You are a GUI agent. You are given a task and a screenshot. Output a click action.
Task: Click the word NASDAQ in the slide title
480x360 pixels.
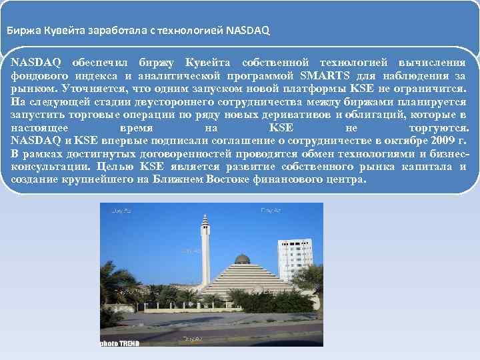(248, 30)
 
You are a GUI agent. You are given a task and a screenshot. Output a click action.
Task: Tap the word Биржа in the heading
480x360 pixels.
(21, 30)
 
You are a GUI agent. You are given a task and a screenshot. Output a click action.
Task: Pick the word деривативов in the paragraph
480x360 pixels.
(297, 114)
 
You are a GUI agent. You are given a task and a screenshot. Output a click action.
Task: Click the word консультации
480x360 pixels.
(51, 167)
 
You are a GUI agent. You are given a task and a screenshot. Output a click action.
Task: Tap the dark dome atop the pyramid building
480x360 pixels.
(243, 259)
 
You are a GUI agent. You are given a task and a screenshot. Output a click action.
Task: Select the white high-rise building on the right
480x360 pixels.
(295, 260)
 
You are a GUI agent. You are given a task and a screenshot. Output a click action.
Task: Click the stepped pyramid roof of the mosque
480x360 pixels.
(243, 280)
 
